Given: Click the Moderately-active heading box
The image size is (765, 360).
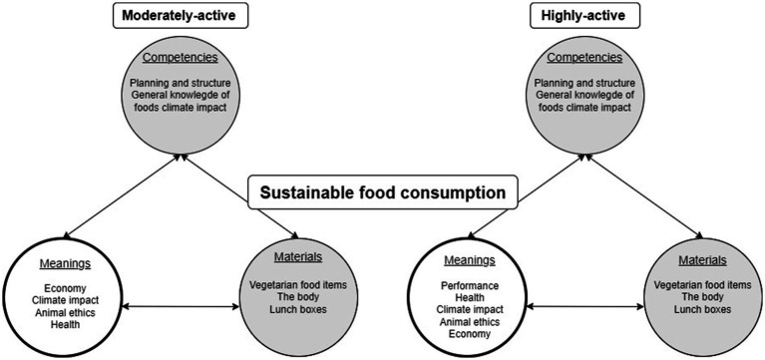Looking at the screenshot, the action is pos(179,16).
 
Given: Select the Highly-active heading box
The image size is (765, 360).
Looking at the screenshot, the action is pos(583,16).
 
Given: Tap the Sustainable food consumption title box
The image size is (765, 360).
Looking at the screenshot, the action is pos(382,192).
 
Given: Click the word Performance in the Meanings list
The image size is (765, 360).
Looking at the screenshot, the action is pos(470,285).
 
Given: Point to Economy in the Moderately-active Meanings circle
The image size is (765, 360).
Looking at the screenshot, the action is pos(66,288).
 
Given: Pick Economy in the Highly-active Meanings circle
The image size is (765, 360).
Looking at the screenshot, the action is pos(471,334).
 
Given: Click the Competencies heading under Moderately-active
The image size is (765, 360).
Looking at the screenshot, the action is pos(179,58).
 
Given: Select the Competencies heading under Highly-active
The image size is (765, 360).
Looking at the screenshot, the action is pos(584,58).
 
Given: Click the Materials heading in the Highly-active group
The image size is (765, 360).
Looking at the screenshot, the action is pos(702,260).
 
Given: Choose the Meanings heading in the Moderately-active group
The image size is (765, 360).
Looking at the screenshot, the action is pos(66,263).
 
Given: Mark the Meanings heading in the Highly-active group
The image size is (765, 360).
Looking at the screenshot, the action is pos(470,261).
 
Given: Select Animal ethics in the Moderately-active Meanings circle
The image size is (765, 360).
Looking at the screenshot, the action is pos(65,312).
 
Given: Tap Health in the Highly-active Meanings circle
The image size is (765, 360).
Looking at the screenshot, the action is pos(470,297).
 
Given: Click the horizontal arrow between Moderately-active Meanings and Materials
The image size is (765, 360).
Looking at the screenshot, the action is pos(181,307).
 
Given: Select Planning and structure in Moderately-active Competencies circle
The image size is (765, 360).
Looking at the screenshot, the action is pos(180,83).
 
